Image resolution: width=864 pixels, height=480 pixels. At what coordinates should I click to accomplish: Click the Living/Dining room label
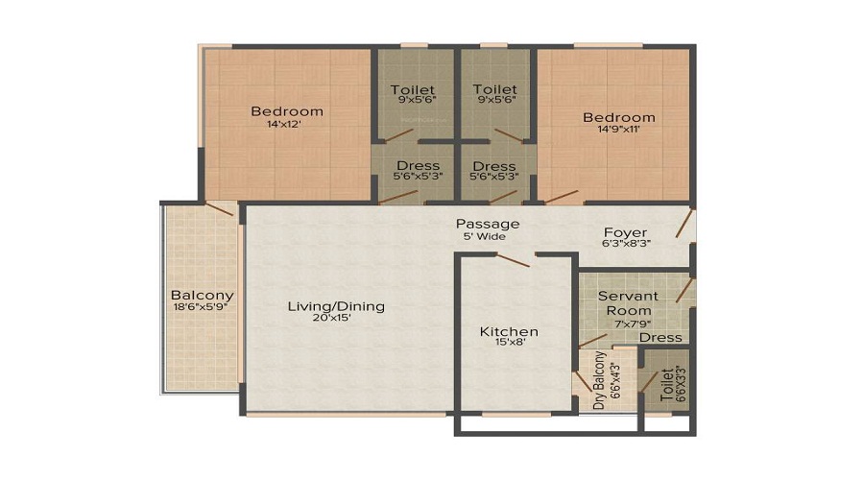(336, 306)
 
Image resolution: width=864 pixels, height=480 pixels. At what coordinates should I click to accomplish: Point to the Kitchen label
(509, 332)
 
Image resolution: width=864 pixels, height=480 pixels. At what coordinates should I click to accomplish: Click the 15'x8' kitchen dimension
(509, 347)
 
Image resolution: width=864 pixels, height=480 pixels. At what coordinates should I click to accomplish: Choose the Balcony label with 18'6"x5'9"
(202, 295)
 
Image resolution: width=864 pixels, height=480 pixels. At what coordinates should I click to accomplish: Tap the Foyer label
(625, 232)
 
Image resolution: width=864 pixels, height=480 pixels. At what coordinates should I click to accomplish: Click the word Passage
(488, 224)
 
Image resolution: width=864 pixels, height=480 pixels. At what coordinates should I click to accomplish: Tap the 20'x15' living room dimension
(336, 320)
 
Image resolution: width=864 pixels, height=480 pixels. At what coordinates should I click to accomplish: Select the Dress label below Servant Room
(660, 337)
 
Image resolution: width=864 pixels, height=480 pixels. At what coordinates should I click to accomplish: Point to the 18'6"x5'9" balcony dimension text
(202, 307)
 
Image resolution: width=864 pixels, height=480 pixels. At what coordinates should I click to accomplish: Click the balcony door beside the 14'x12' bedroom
(220, 208)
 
